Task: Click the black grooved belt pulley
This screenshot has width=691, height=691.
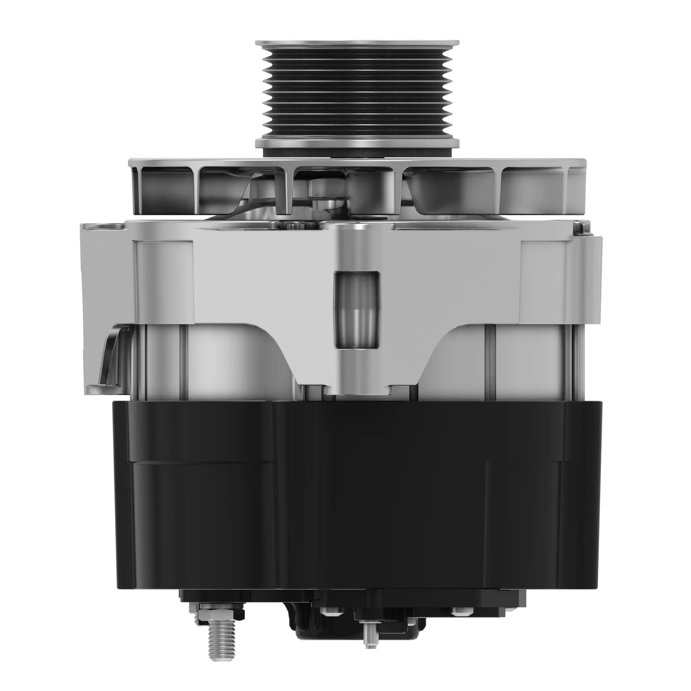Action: point(357,95)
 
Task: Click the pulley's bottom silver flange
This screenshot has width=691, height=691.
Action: point(357,143)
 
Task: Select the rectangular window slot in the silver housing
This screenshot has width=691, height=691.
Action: point(357,309)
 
